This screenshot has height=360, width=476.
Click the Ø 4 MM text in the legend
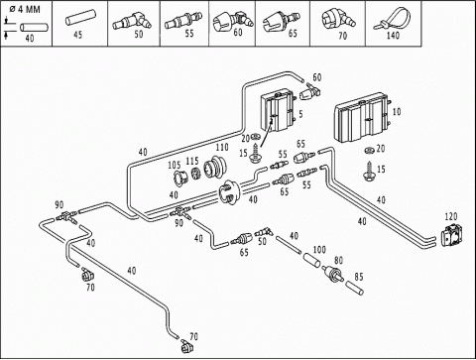click(25, 9)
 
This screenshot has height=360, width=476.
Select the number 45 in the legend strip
click(77, 35)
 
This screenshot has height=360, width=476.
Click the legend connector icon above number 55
click(183, 20)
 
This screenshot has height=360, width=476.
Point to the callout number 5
click(300, 114)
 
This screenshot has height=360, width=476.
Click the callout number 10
click(397, 112)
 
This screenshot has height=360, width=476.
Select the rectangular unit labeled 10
click(362, 118)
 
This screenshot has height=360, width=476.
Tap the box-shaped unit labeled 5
click(278, 112)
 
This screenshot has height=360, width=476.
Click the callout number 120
click(451, 216)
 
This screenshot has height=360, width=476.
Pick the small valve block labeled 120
click(452, 236)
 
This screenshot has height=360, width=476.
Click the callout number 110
click(222, 147)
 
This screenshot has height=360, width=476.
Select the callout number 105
click(175, 165)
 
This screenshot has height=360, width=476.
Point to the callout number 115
click(192, 161)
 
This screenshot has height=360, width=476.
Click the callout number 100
click(319, 249)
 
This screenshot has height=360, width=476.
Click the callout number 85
click(359, 277)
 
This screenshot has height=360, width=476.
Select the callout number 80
click(338, 261)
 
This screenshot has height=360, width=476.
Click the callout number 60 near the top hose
click(317, 77)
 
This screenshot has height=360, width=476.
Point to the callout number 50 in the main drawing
click(262, 241)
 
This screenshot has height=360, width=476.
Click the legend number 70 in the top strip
click(342, 36)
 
